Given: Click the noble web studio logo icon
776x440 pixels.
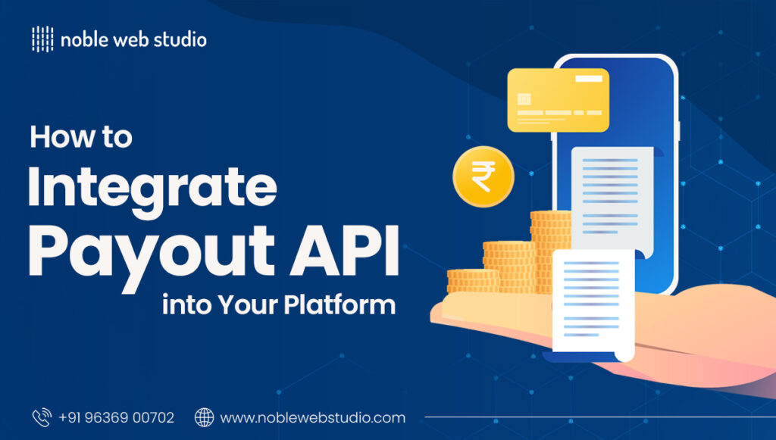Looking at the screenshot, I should [42, 39].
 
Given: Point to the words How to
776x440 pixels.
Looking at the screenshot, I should [81, 137].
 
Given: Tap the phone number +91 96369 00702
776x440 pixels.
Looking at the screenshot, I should [116, 417].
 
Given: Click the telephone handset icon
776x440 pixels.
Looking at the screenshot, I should [41, 417].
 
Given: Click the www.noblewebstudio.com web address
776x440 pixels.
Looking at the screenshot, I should [312, 417].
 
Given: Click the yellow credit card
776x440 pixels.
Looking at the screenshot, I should [558, 100].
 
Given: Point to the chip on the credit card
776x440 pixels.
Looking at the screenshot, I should [524, 99].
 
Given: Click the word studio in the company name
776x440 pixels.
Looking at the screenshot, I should [180, 39].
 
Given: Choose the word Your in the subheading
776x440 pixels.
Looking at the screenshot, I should [248, 304].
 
